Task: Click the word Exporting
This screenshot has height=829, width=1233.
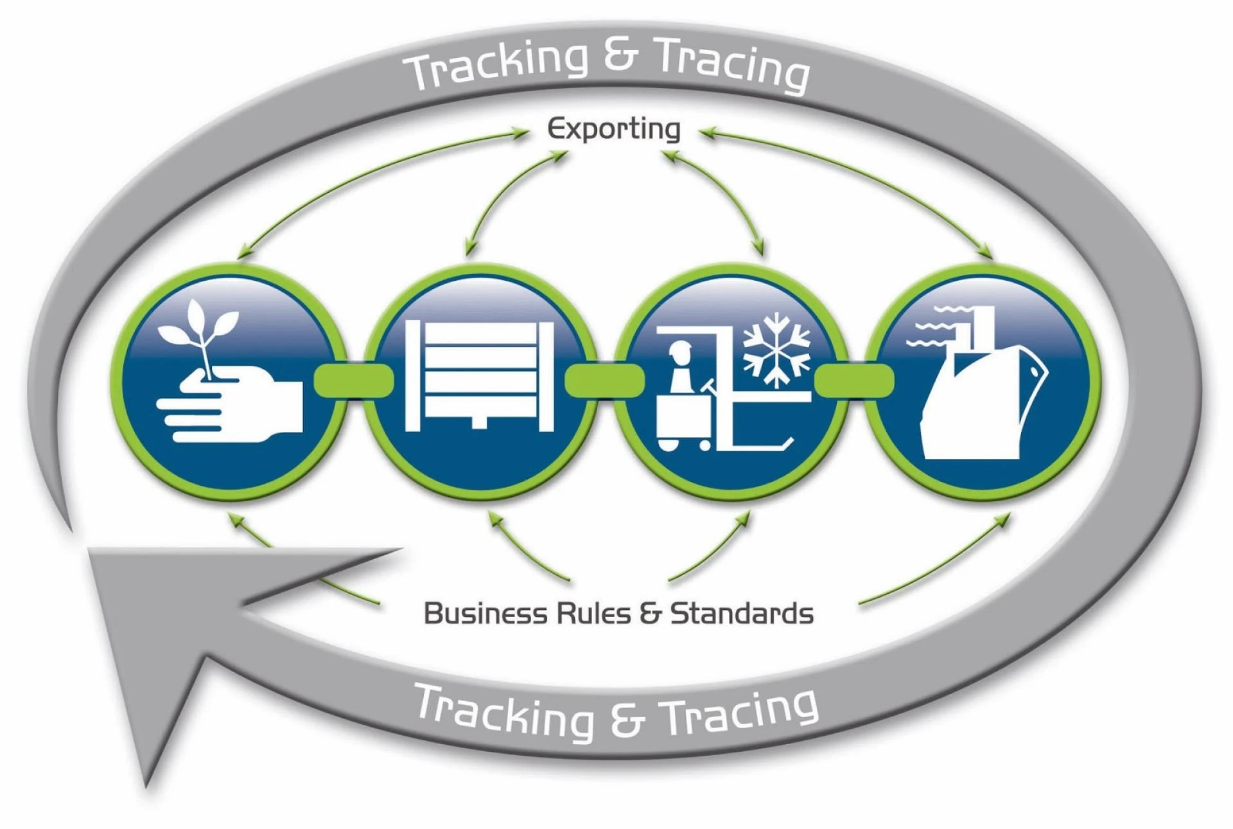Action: tap(613, 129)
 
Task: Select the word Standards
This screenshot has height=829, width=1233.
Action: tap(742, 613)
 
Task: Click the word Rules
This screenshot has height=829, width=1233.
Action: tap(593, 613)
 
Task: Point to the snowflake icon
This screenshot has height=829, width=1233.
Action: tap(776, 350)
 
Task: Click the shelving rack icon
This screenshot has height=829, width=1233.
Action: tap(479, 376)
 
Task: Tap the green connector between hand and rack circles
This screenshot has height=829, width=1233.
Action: tap(353, 379)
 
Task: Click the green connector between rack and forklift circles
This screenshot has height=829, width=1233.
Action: tap(604, 379)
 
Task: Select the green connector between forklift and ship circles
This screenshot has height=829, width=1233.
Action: tap(854, 379)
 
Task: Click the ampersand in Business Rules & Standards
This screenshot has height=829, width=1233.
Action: tap(650, 613)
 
